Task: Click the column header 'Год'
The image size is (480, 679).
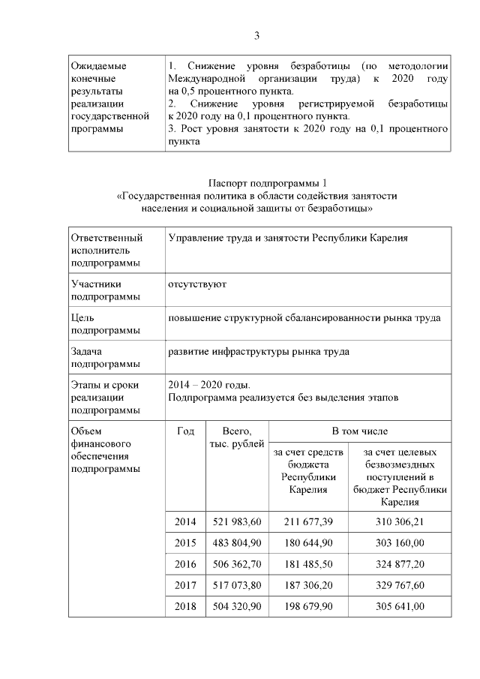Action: [x=185, y=431]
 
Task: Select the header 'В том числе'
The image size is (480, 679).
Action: [x=360, y=431]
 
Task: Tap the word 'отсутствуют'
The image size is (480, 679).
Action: [x=197, y=284]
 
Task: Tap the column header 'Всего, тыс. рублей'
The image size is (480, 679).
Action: [x=236, y=438]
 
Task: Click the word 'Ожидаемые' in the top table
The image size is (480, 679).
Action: [x=97, y=66]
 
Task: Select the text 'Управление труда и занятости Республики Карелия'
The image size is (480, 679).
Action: [x=288, y=238]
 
